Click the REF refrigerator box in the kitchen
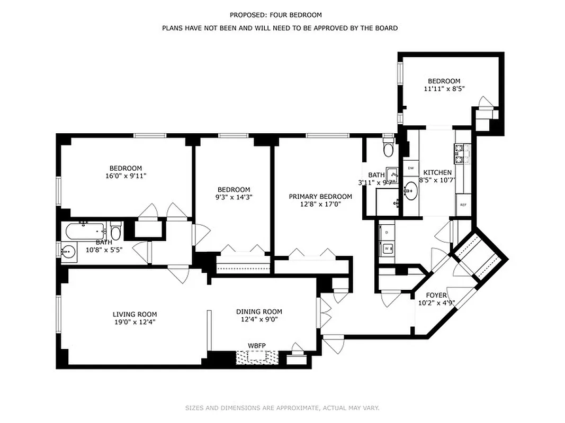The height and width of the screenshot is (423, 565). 463,204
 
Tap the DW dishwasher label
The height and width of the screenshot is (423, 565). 410,168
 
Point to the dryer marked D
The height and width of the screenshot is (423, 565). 387,232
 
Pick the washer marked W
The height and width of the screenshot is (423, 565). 387,247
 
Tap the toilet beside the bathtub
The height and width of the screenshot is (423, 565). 116,232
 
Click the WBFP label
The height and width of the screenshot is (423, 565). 257,346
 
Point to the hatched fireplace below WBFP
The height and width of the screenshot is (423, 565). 257,358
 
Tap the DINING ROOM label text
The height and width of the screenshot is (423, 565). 259,311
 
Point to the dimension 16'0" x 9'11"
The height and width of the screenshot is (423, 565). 125,176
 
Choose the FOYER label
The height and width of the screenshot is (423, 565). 436,295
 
